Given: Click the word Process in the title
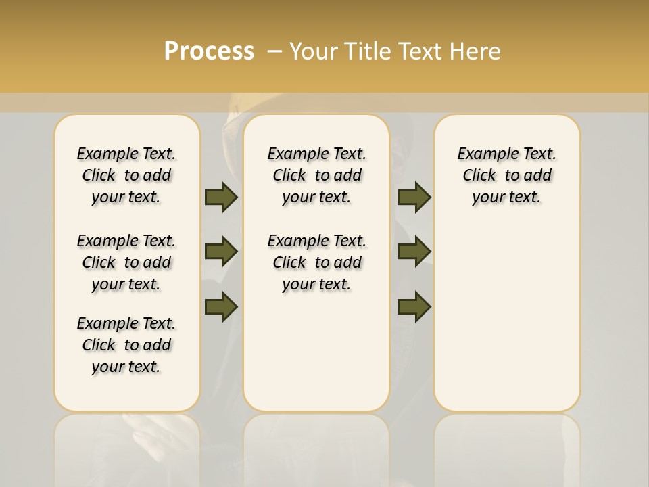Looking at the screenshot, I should click(x=209, y=51).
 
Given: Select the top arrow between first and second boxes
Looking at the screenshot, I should click(x=221, y=197).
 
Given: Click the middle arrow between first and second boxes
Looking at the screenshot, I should click(x=221, y=252).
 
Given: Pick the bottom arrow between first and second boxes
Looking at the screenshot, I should click(x=221, y=306).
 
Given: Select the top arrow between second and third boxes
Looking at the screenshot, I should click(x=414, y=197).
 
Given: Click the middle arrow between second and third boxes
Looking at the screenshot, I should click(x=414, y=252).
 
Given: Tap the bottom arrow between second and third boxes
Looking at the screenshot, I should click(x=414, y=306).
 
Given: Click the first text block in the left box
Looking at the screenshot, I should click(x=126, y=175).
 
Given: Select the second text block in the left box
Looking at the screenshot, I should click(x=126, y=262).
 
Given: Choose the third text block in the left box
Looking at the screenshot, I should click(x=126, y=345).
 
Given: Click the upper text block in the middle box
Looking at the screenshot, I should click(x=316, y=175).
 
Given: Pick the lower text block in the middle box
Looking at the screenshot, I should click(x=316, y=262).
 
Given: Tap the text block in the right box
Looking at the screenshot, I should click(x=506, y=175).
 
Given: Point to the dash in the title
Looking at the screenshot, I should click(x=274, y=51).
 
